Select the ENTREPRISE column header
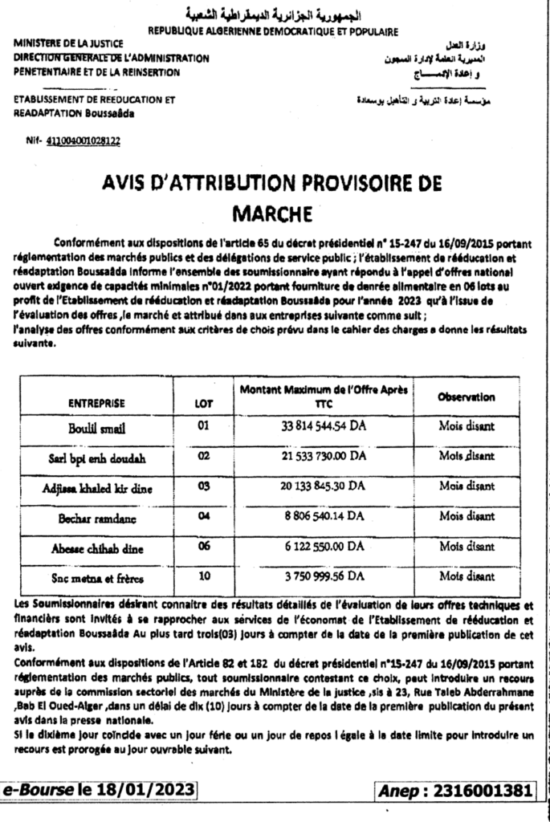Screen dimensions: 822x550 tap(96, 402)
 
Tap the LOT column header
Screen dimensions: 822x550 tap(204, 403)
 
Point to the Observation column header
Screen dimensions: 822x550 tap(466, 397)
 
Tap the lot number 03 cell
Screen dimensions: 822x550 tap(203, 486)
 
